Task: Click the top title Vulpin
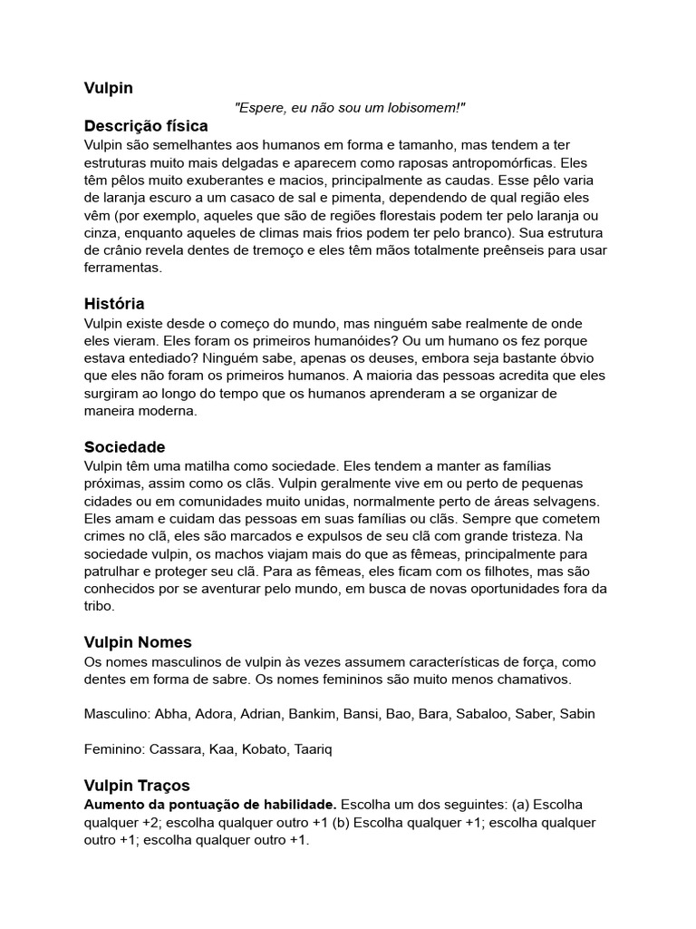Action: pyautogui.click(x=109, y=88)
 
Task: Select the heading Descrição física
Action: pyautogui.click(x=146, y=125)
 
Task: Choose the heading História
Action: pyautogui.click(x=114, y=304)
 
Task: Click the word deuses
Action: pyautogui.click(x=327, y=358)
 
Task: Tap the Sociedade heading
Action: pyautogui.click(x=125, y=447)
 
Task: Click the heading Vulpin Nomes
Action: pyautogui.click(x=140, y=642)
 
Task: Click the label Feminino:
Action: pyautogui.click(x=117, y=750)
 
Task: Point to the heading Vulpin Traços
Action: pyautogui.click(x=137, y=786)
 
